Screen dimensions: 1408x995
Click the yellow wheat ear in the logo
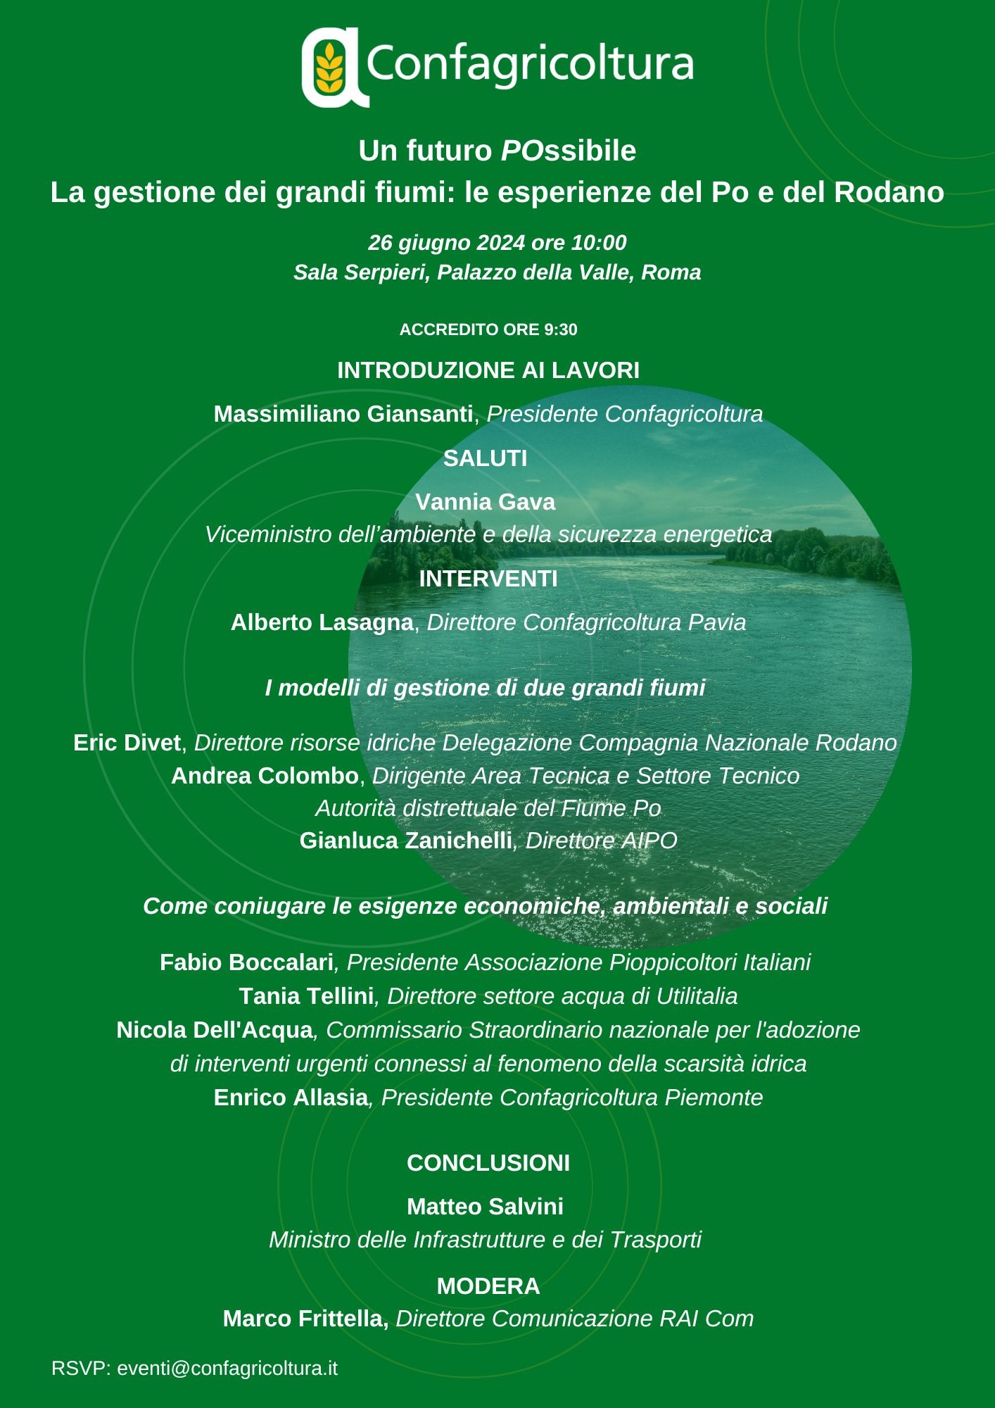[x=329, y=68]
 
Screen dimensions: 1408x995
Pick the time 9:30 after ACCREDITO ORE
[x=560, y=329]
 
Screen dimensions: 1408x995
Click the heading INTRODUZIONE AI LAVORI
[x=488, y=370]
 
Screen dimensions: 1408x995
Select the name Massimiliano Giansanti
[x=343, y=414]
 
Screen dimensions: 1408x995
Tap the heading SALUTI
[x=486, y=458]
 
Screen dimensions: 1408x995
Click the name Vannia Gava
[x=486, y=502]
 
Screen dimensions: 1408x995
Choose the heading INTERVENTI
[x=488, y=579]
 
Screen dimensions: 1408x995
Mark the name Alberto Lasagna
[x=322, y=622]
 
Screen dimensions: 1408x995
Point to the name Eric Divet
[x=127, y=743]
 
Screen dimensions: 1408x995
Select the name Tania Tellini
[x=307, y=996]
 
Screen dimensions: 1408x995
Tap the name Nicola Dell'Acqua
[x=215, y=1030]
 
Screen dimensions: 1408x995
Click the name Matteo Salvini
[x=486, y=1207]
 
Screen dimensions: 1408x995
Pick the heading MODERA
[x=488, y=1286]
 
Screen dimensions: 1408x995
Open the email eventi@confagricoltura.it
[x=227, y=1368]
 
